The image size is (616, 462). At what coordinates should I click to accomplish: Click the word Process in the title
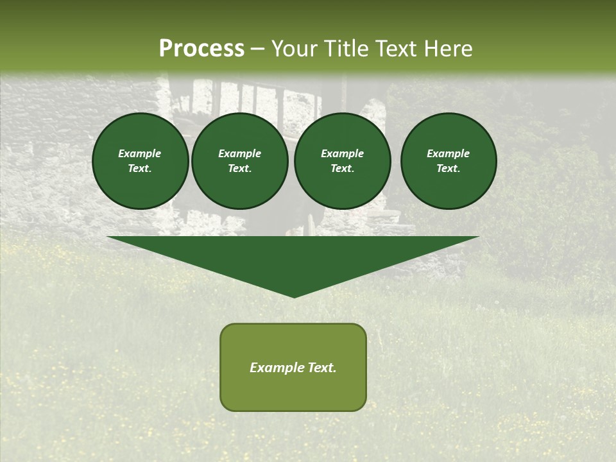tap(201, 49)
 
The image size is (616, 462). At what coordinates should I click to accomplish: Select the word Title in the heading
tap(345, 49)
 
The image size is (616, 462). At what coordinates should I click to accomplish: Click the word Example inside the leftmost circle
tap(140, 153)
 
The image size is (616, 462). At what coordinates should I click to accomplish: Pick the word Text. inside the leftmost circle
tap(140, 169)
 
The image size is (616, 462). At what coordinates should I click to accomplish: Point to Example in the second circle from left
tap(240, 153)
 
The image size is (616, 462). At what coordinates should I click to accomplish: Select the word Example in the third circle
tap(343, 153)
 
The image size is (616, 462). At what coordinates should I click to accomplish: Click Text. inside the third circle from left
tap(343, 169)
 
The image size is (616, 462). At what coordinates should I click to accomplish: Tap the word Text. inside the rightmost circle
tap(449, 169)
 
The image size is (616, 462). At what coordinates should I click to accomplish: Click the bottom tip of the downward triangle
tap(294, 296)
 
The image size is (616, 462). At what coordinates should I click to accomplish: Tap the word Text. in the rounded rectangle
tap(320, 368)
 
